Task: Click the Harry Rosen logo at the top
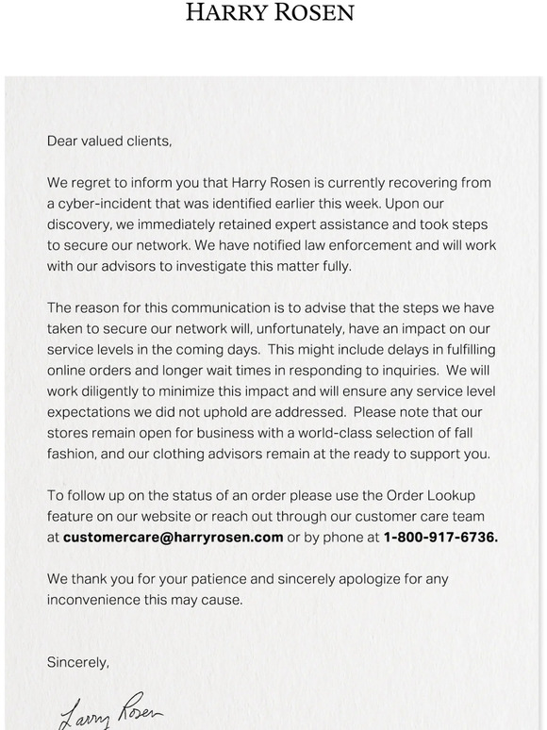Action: (x=270, y=12)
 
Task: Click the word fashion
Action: (x=72, y=453)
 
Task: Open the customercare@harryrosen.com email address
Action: (x=173, y=537)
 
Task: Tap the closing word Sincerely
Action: (x=77, y=662)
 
